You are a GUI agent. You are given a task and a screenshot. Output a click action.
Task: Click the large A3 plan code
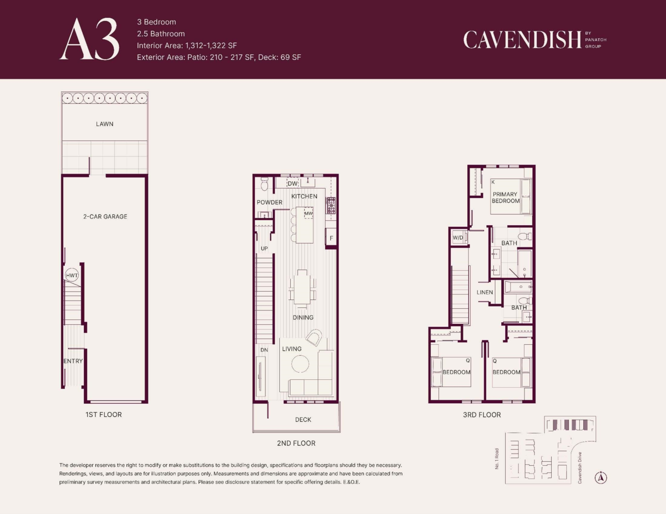click(89, 39)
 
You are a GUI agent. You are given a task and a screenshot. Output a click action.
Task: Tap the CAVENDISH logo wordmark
click(522, 40)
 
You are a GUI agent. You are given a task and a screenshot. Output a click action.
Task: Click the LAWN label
click(104, 124)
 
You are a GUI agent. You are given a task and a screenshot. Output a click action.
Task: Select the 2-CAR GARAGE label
click(105, 217)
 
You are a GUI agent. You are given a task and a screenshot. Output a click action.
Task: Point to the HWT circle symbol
click(72, 275)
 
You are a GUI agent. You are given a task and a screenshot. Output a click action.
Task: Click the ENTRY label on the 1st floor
click(73, 361)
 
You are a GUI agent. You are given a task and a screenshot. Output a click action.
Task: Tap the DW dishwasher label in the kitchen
click(292, 184)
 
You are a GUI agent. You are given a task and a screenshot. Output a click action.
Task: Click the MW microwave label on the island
click(309, 213)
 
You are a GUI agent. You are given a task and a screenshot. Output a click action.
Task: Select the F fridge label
click(331, 238)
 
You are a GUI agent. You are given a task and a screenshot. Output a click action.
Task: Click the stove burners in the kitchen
click(331, 205)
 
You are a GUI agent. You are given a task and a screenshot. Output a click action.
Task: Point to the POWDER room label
click(269, 202)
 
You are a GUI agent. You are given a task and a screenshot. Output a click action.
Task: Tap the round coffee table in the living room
click(300, 364)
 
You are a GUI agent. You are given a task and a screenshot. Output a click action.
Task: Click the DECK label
click(303, 420)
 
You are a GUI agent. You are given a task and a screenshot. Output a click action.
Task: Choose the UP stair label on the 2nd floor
click(264, 248)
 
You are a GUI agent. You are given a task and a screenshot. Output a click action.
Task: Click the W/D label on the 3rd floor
click(458, 237)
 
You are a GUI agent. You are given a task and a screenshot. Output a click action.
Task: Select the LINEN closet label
click(485, 292)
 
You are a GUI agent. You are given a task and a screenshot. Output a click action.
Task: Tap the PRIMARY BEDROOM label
click(506, 198)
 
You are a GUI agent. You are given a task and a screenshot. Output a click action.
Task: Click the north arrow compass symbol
click(601, 478)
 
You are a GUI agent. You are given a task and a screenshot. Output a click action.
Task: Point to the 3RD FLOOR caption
click(482, 415)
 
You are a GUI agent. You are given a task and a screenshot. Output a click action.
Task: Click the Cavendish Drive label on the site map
click(579, 468)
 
